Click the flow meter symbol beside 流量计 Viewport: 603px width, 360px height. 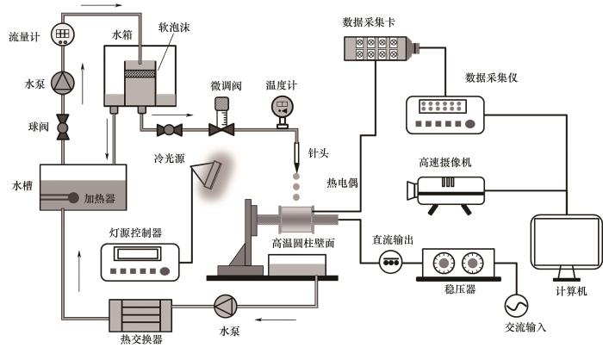(x=62, y=34)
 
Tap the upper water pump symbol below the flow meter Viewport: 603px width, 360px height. (x=62, y=83)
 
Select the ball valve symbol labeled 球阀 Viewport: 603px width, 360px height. (x=62, y=127)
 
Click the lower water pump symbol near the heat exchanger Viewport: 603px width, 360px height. (x=225, y=306)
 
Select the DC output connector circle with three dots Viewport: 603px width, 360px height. (x=392, y=261)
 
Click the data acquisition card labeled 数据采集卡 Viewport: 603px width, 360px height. (x=379, y=51)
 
